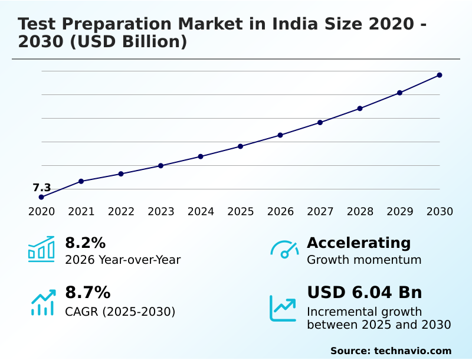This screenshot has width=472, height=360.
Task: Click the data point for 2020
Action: pos(41,197)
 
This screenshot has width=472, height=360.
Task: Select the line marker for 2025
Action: pos(240,146)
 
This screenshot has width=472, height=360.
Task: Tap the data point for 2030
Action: pos(440,75)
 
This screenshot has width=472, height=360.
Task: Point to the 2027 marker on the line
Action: pos(320,123)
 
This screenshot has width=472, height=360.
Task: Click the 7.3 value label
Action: pos(41,188)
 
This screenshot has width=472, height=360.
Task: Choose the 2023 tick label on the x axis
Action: pos(160,212)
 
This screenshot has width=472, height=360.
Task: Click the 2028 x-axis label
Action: pos(360,212)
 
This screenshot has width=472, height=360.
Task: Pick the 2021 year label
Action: pos(81,212)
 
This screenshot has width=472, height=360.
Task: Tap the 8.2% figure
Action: pos(85,243)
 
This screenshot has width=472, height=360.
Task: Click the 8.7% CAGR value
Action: pos(87,293)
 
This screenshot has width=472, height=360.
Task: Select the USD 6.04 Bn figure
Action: pos(364,293)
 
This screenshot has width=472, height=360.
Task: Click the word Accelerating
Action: pos(359,243)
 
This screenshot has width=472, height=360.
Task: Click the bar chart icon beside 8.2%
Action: pos(41,249)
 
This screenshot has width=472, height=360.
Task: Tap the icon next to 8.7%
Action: pos(42,302)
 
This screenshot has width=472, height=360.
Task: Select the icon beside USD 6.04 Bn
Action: pos(283,308)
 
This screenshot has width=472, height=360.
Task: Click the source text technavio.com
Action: pos(412,351)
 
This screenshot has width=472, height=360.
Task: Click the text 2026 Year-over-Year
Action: pos(123,260)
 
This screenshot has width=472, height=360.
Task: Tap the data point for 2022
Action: pos(121,174)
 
